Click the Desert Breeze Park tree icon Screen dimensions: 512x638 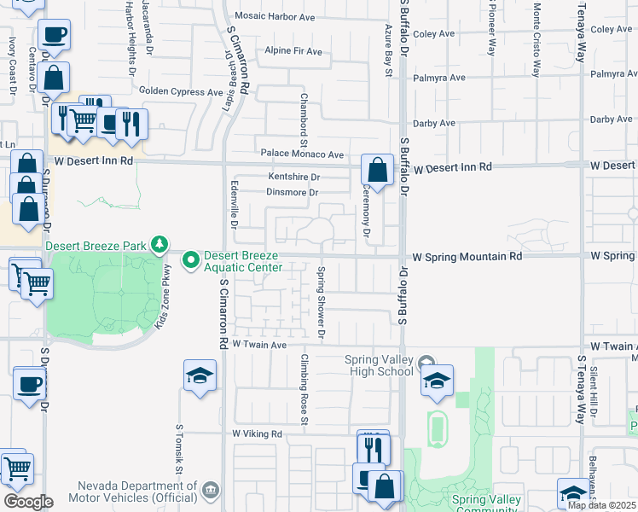[159, 245]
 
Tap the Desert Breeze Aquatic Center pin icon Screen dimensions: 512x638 [191, 257]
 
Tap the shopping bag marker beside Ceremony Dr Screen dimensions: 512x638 [376, 170]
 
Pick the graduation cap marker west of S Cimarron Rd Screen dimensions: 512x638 [200, 375]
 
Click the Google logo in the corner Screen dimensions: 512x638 [27, 501]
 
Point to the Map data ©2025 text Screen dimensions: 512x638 [601, 505]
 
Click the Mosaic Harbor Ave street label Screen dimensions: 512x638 [275, 16]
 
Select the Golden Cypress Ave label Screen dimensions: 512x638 [181, 91]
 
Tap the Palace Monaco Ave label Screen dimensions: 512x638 [302, 154]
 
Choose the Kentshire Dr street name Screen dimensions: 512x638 [293, 177]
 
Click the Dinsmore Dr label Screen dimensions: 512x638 [292, 193]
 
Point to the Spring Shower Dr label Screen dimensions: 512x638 [322, 303]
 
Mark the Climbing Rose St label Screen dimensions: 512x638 [304, 389]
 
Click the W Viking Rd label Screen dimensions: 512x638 [257, 433]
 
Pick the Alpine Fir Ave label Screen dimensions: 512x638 [293, 51]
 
